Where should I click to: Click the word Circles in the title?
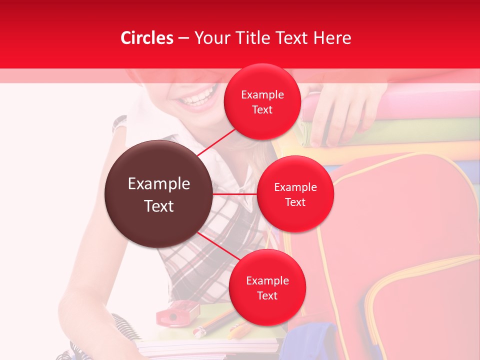pyautogui.click(x=147, y=38)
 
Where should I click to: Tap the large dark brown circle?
pyautogui.click(x=158, y=194)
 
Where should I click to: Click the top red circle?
pyautogui.click(x=262, y=102)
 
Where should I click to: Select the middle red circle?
pyautogui.click(x=295, y=194)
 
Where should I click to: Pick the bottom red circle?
pyautogui.click(x=267, y=287)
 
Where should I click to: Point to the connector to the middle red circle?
pyautogui.click(x=234, y=193)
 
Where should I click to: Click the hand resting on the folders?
pyautogui.click(x=340, y=115)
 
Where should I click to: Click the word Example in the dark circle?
pyautogui.click(x=159, y=184)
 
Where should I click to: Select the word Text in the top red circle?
pyautogui.click(x=262, y=110)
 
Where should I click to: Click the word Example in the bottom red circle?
pyautogui.click(x=267, y=280)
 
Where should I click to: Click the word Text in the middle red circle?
pyautogui.click(x=295, y=202)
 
